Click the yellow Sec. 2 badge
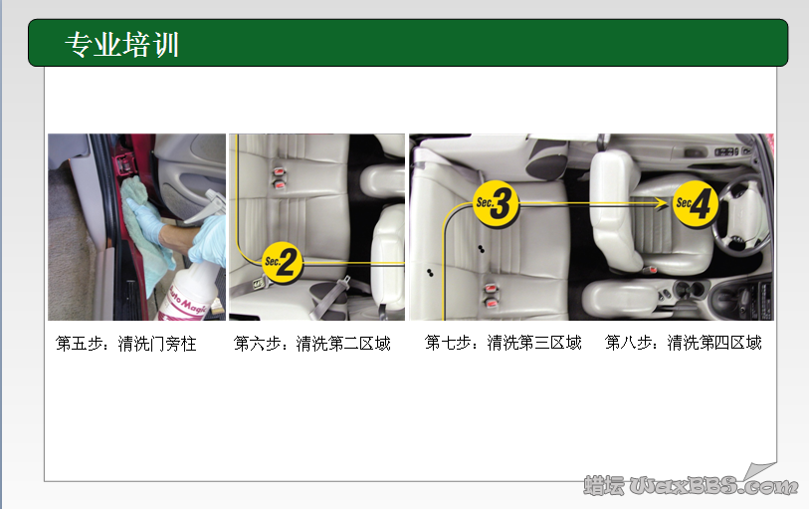[x=283, y=262]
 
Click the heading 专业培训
[x=121, y=44]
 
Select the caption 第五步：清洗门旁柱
[x=126, y=344]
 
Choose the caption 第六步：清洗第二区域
[x=311, y=344]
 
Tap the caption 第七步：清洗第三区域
[x=503, y=343]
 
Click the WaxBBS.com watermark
[x=691, y=485]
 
